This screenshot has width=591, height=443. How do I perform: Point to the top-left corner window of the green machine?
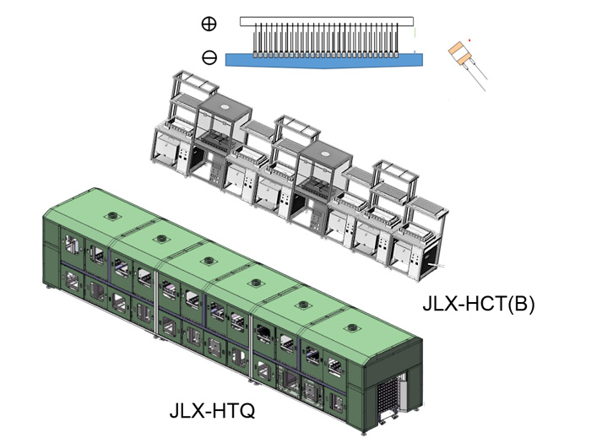click(x=70, y=245)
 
